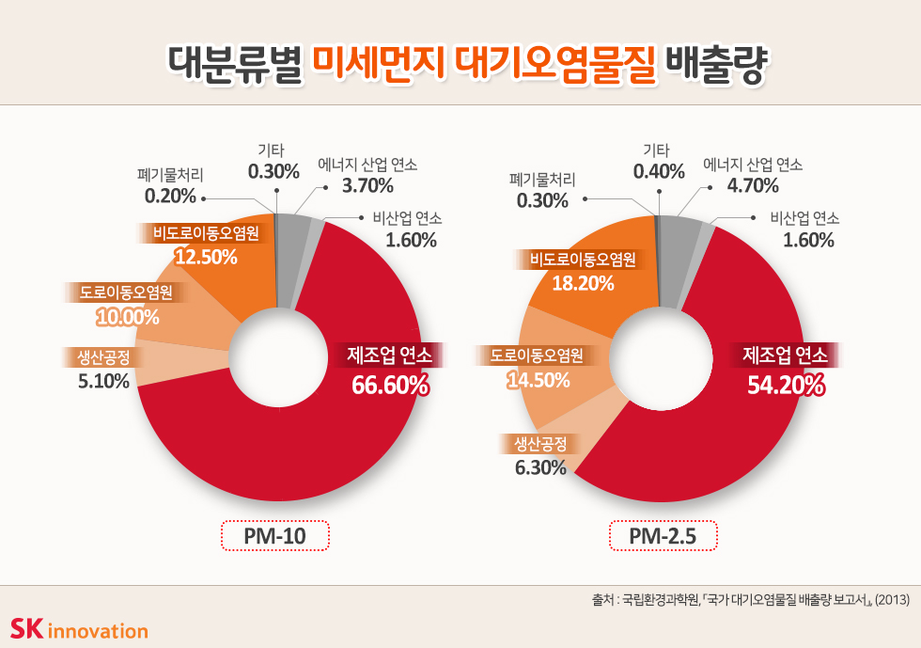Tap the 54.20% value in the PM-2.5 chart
point(786,386)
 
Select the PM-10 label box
point(274,536)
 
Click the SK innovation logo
point(79,628)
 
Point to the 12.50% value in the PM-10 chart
point(206,257)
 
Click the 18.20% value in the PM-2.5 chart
point(583,283)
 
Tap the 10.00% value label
point(128,317)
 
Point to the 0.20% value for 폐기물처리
point(170,197)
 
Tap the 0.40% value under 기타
point(659,171)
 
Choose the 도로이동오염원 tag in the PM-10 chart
point(126,292)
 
